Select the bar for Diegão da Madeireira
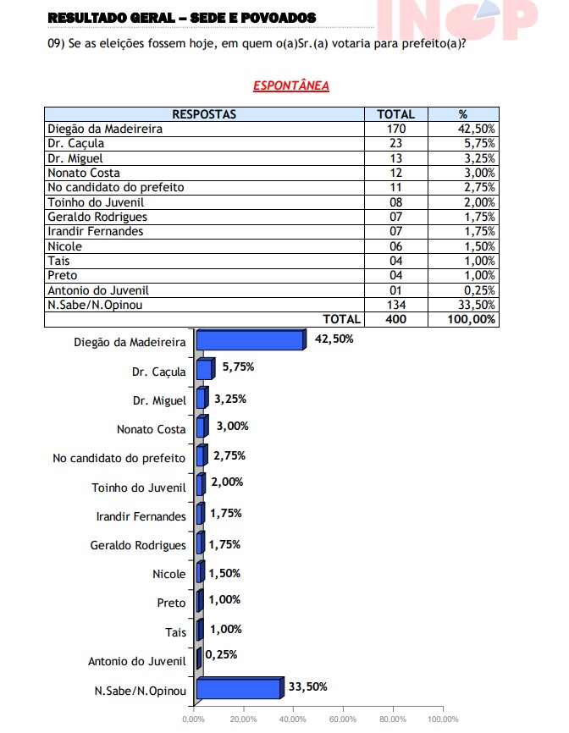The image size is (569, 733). click(250, 339)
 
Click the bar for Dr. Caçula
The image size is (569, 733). click(204, 369)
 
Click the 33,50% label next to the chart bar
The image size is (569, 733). click(307, 686)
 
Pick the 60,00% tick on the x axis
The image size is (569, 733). click(342, 719)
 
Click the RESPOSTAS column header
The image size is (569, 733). click(204, 114)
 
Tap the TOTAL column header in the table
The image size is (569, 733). click(395, 114)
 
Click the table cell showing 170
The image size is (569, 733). click(395, 130)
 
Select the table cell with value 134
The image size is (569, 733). click(395, 305)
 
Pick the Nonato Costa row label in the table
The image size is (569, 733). click(84, 173)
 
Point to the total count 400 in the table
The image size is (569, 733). click(395, 319)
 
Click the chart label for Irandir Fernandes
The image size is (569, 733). click(141, 516)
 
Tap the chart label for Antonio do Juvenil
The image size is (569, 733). click(136, 662)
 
